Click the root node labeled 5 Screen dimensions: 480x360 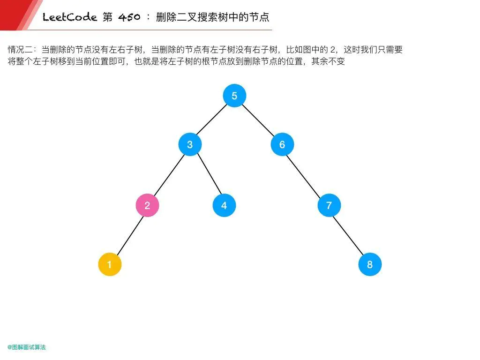(234, 96)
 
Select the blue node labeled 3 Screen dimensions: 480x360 (190, 144)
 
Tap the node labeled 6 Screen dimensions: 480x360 (282, 144)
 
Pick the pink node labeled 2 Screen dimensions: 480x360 (147, 205)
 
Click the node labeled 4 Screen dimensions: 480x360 (224, 205)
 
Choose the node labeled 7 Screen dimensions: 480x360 (329, 205)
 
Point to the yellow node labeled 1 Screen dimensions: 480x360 (110, 264)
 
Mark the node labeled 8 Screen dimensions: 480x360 (370, 264)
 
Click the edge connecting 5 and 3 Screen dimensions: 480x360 (212, 120)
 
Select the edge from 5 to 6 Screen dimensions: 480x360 (258, 120)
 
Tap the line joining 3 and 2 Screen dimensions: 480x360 (169, 175)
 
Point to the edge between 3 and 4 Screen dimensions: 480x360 (207, 175)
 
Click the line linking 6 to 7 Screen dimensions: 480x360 (306, 175)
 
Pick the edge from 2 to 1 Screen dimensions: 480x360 (128, 235)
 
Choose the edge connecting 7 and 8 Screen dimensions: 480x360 (349, 235)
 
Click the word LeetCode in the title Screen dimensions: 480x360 (69, 18)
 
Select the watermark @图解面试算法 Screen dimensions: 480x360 (27, 347)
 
